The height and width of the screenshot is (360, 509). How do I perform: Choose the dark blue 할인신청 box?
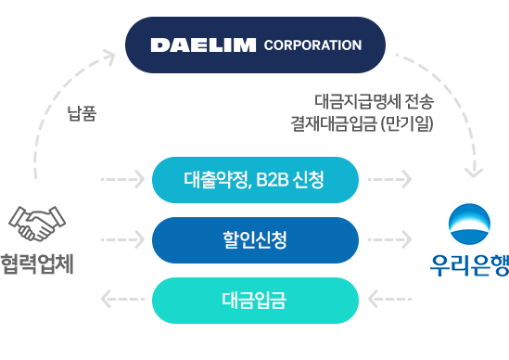[x=255, y=239]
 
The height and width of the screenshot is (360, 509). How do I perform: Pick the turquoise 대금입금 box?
[x=255, y=300]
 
